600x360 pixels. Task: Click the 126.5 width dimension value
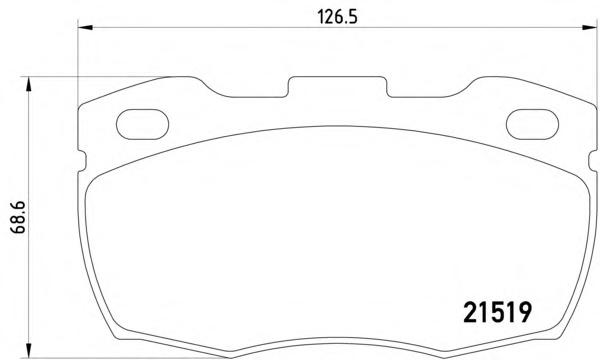[338, 17]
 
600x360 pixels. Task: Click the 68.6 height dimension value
[18, 217]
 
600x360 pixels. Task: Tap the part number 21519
[497, 312]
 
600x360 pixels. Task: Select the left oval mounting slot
[142, 124]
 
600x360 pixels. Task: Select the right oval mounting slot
[532, 124]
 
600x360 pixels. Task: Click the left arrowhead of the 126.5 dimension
[85, 27]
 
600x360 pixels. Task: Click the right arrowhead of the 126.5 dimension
[589, 27]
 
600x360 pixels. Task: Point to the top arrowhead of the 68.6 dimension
[28, 84]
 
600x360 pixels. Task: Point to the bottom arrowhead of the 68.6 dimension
[28, 350]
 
